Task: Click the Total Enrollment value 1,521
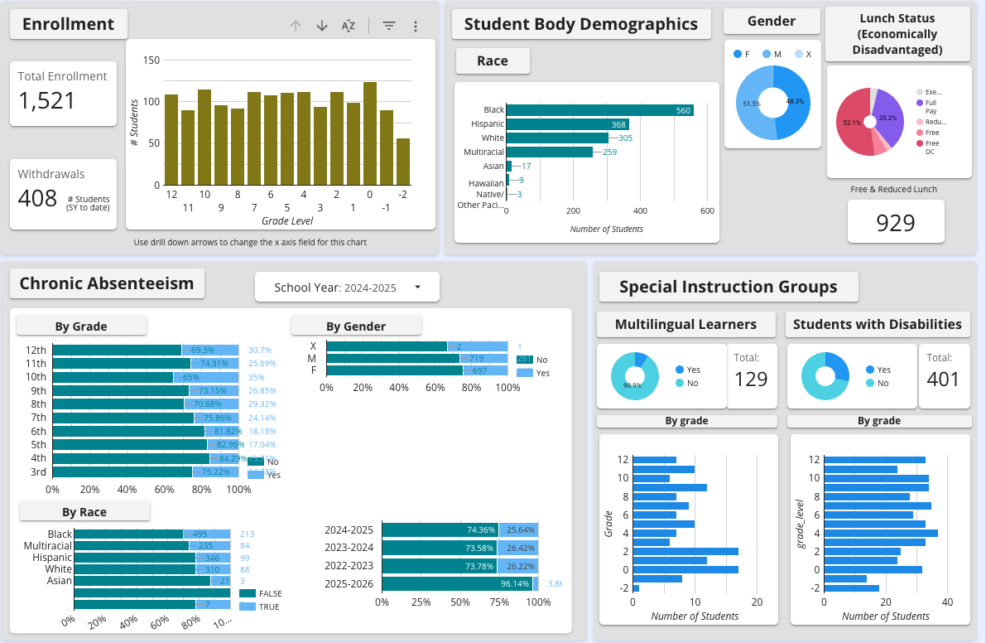pyautogui.click(x=47, y=101)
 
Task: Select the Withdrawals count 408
pyautogui.click(x=38, y=198)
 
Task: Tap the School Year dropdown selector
pyautogui.click(x=347, y=288)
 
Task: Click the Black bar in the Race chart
pyautogui.click(x=599, y=110)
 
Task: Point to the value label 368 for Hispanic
pyautogui.click(x=618, y=124)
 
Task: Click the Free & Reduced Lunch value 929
pyautogui.click(x=895, y=223)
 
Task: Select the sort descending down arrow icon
pyautogui.click(x=322, y=26)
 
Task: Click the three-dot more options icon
pyautogui.click(x=416, y=26)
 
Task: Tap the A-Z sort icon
pyautogui.click(x=349, y=26)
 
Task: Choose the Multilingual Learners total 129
pyautogui.click(x=751, y=380)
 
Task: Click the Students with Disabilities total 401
pyautogui.click(x=943, y=380)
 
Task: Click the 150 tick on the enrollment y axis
pyautogui.click(x=151, y=60)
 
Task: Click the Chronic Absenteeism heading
pyautogui.click(x=107, y=283)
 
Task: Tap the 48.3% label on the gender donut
pyautogui.click(x=794, y=101)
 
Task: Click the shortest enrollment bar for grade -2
pyautogui.click(x=403, y=162)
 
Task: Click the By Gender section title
pyautogui.click(x=356, y=326)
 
